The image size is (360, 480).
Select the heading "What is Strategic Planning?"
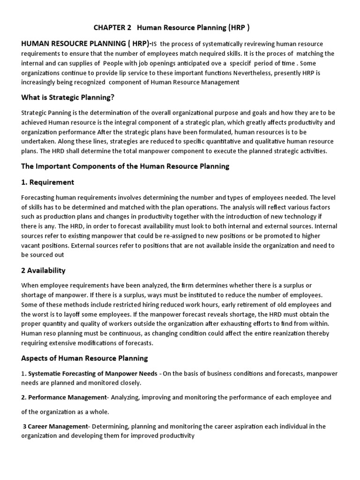click(68, 97)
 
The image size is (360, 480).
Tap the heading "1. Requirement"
click(47, 182)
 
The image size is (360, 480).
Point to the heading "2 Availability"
click(44, 270)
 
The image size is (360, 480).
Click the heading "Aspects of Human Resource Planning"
click(84, 358)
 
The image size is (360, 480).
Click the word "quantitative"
click(215, 141)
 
